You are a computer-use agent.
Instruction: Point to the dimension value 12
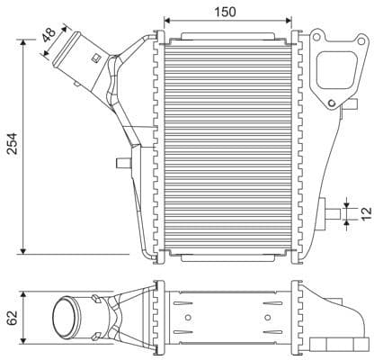pos(364,213)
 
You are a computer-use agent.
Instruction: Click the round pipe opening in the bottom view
pos(67,319)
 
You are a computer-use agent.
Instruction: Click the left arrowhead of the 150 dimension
pos(166,20)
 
